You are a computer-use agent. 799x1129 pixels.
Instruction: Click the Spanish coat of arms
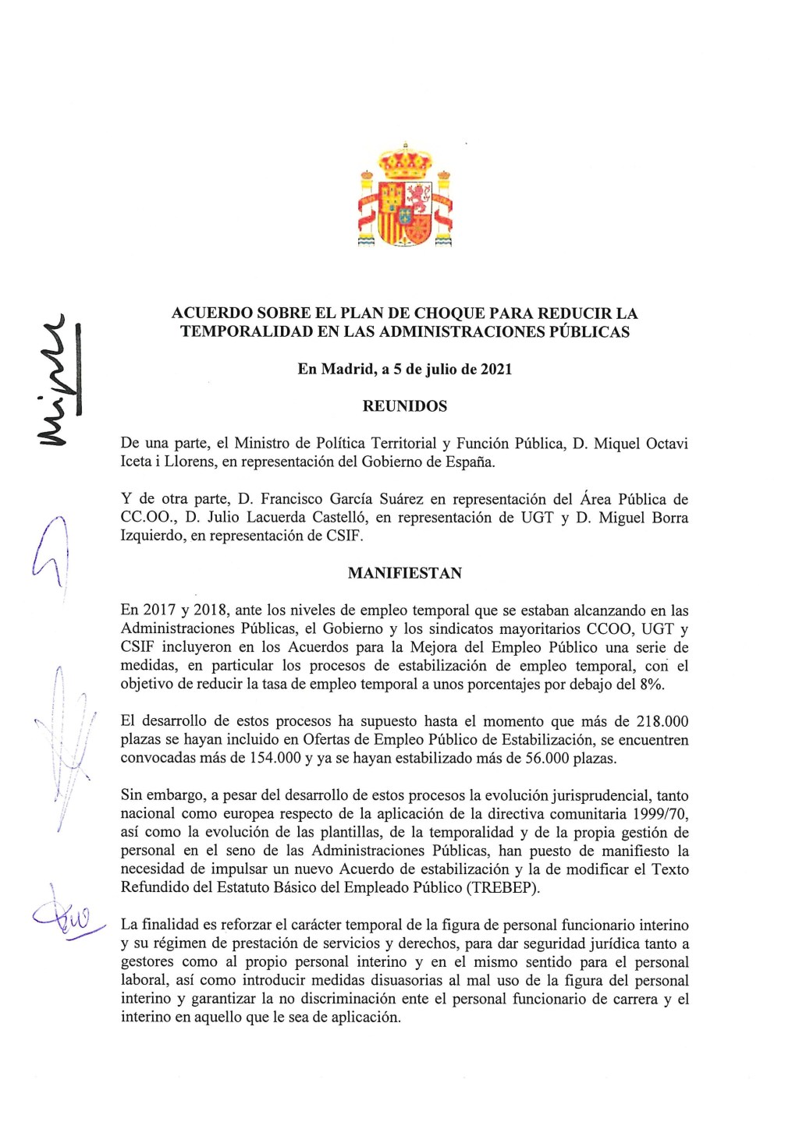[405, 196]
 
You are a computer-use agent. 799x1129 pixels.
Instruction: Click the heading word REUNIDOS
[405, 406]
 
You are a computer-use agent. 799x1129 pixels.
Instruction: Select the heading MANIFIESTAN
[405, 573]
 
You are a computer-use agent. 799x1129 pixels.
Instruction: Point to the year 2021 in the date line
[496, 370]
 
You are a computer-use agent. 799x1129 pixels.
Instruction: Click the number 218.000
[662, 721]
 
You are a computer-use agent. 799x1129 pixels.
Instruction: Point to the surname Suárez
[399, 499]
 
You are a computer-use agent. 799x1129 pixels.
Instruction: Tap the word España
[470, 462]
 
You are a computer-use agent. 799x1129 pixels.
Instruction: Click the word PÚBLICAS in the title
[591, 332]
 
